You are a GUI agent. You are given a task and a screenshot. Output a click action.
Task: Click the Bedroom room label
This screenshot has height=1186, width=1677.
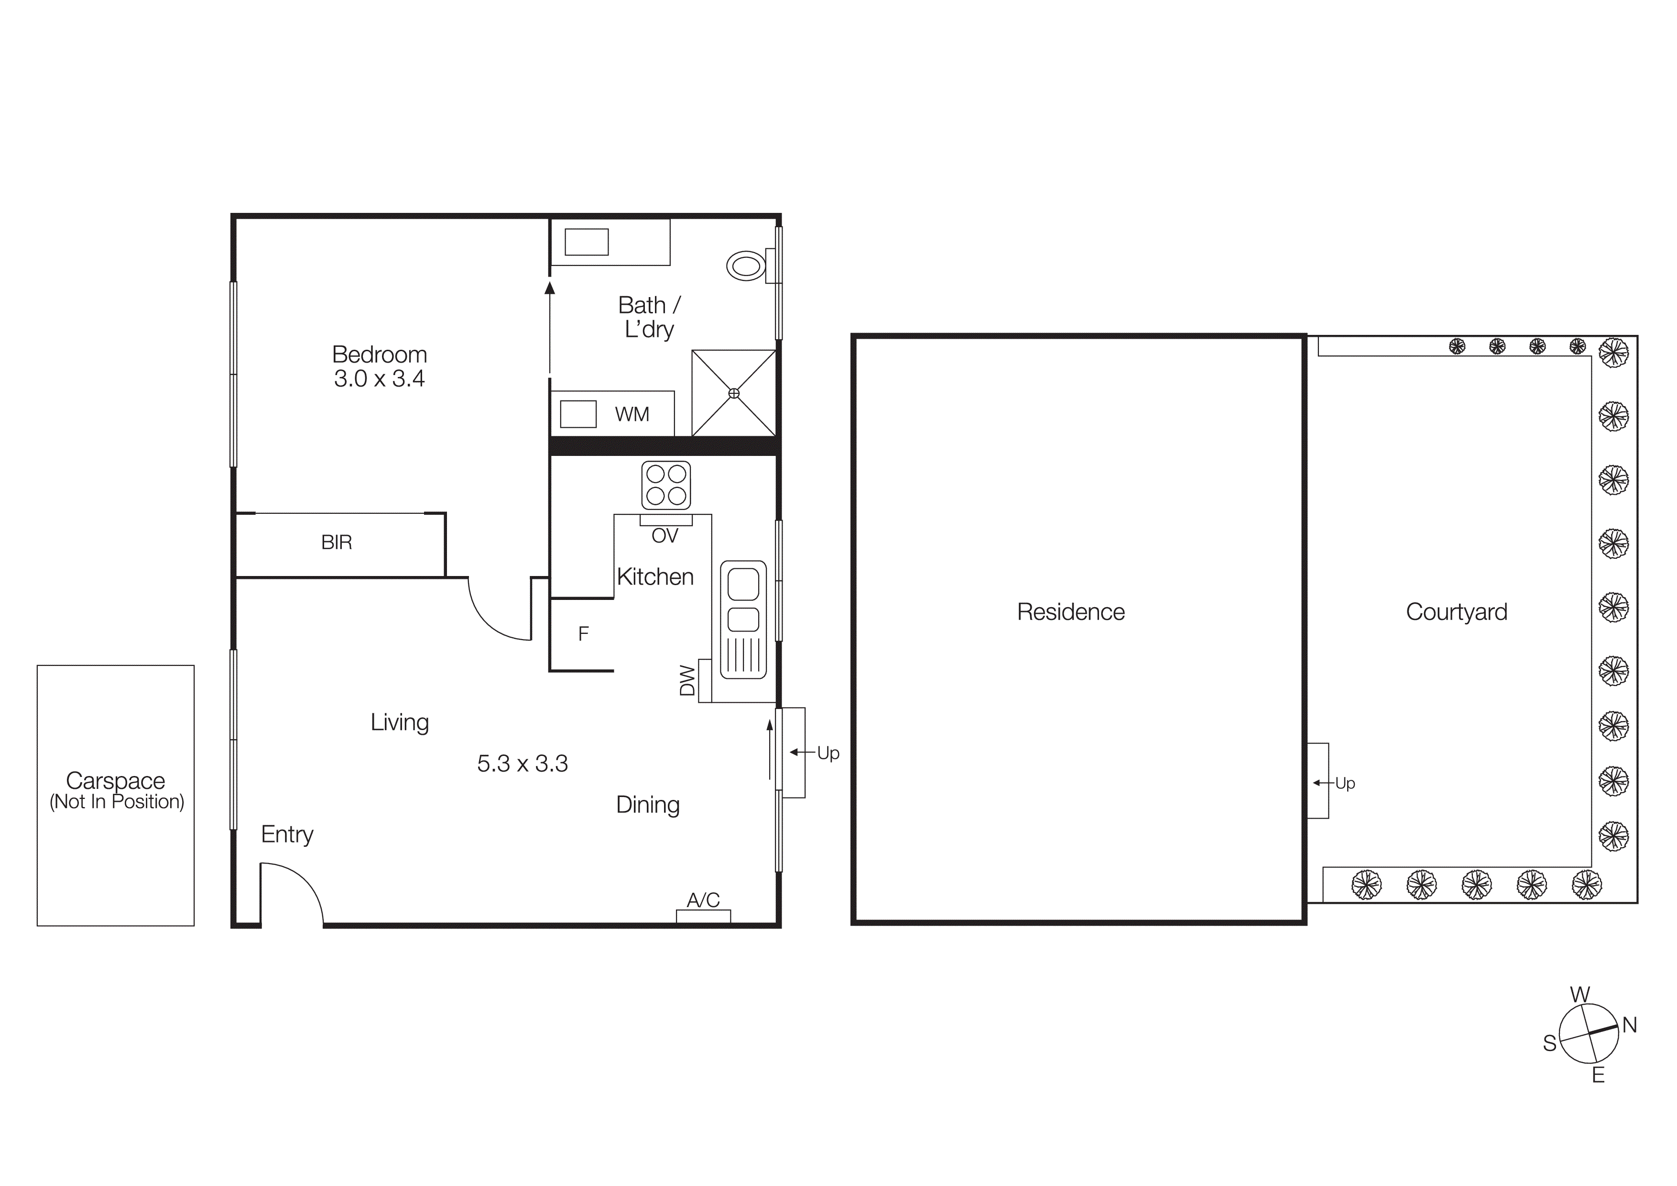pyautogui.click(x=379, y=355)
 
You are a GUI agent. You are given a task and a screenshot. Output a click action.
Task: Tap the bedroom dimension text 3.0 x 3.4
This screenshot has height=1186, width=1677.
pyautogui.click(x=379, y=378)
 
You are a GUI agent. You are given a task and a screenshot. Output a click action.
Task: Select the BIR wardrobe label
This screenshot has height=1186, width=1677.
pyautogui.click(x=337, y=542)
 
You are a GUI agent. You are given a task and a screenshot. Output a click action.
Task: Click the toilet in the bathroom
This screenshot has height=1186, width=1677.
pyautogui.click(x=746, y=266)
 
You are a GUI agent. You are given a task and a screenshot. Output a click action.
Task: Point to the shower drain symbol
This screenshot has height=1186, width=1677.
pyautogui.click(x=734, y=393)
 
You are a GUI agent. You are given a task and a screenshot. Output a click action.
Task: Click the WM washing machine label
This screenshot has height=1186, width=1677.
pyautogui.click(x=632, y=414)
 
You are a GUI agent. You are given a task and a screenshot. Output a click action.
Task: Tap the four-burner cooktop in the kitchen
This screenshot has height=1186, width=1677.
pyautogui.click(x=666, y=485)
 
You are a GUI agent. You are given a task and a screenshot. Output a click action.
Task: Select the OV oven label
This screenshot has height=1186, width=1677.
pyautogui.click(x=664, y=536)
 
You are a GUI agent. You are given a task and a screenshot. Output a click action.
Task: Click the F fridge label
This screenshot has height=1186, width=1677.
pyautogui.click(x=583, y=633)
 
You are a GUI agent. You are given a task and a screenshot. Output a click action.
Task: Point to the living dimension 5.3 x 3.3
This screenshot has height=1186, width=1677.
pyautogui.click(x=522, y=764)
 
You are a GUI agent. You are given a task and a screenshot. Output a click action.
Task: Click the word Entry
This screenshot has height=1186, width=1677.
pyautogui.click(x=287, y=834)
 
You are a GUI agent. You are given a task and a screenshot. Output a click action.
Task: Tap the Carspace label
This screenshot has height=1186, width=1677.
pyautogui.click(x=115, y=780)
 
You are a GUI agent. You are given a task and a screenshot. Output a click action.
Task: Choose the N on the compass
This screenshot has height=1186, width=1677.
pyautogui.click(x=1630, y=1025)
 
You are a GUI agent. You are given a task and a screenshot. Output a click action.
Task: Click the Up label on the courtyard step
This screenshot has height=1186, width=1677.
pyautogui.click(x=1345, y=783)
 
